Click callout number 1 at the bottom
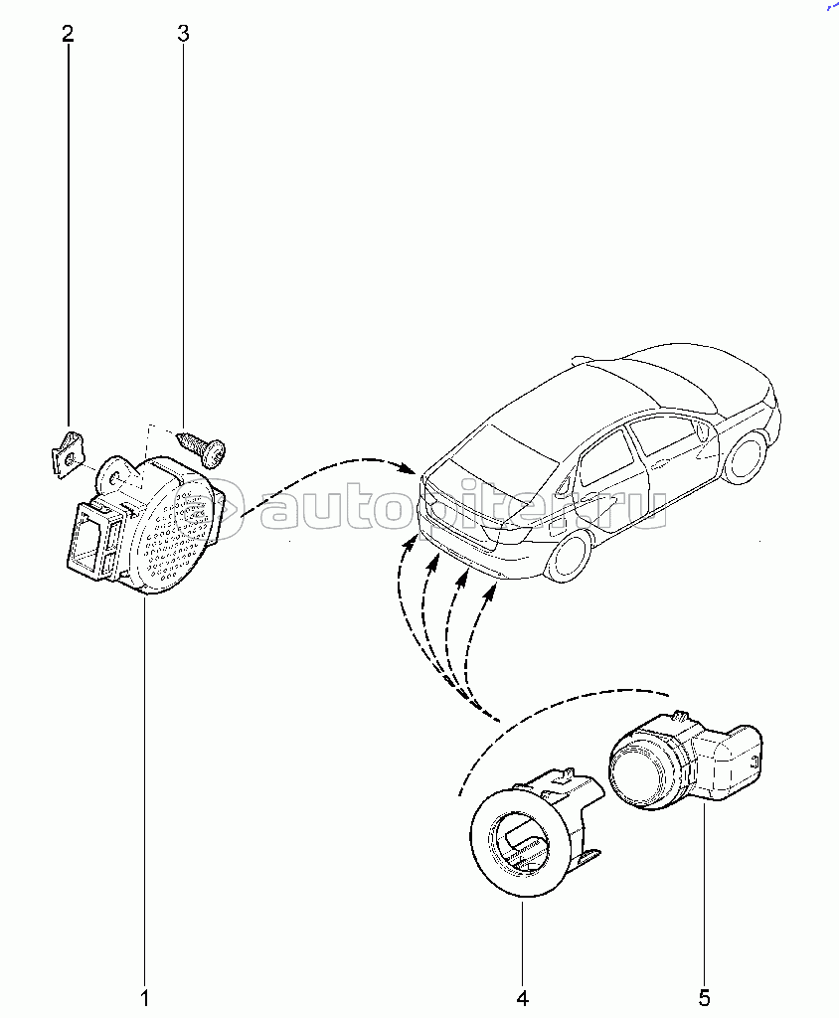tap(145, 995)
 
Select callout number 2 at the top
tap(68, 35)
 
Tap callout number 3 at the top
tap(183, 35)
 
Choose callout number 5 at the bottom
tap(705, 995)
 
